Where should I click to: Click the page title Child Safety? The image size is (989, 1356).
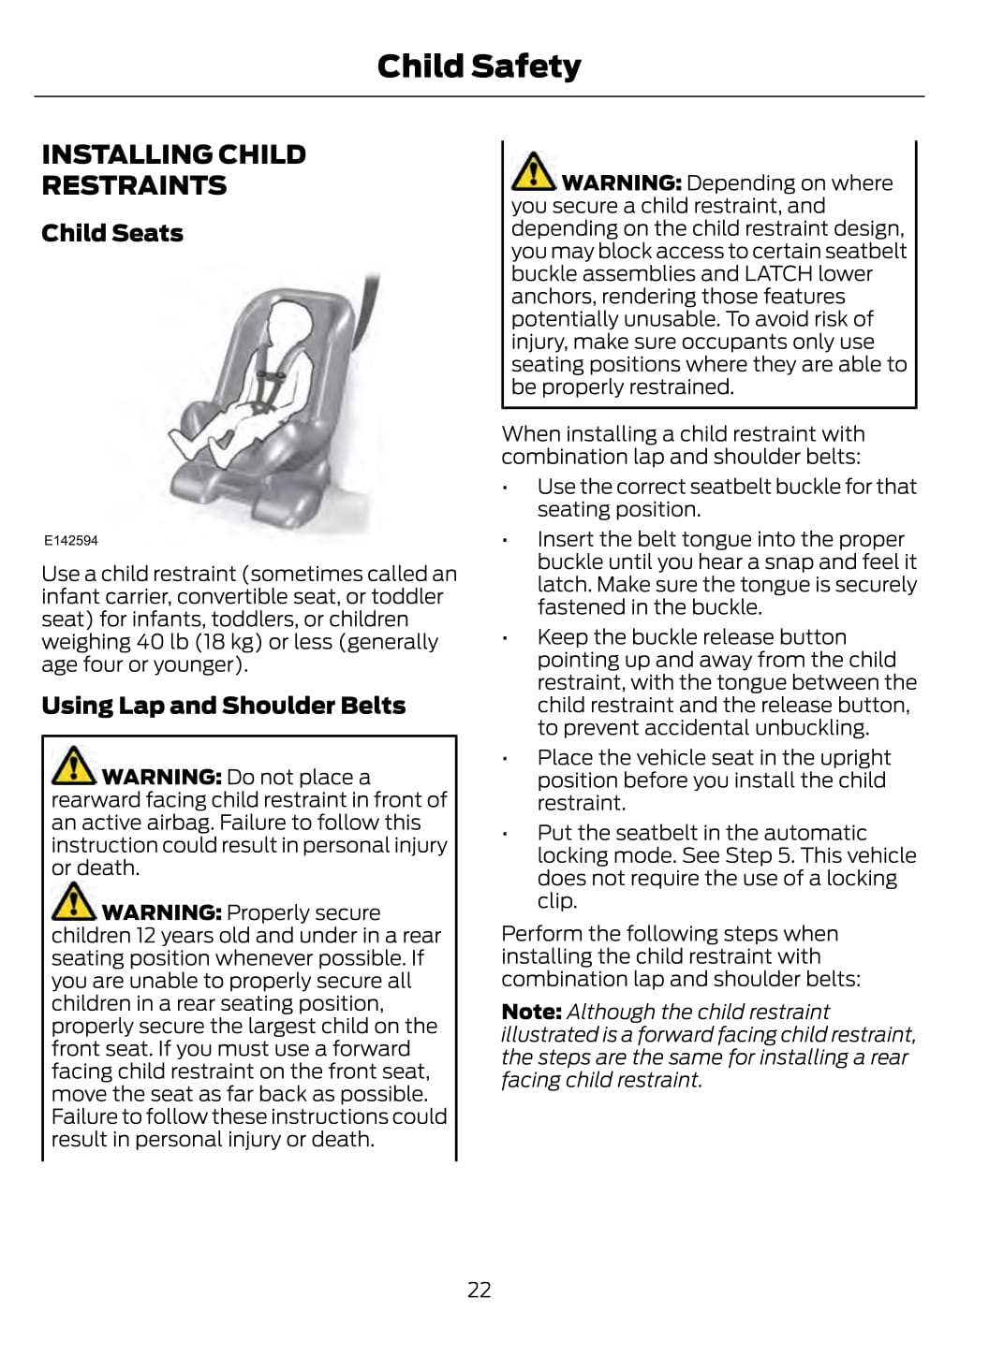(479, 66)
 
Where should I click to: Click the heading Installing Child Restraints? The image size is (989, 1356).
(173, 169)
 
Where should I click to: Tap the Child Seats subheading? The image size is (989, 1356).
(112, 233)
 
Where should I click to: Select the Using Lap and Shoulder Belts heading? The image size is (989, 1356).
(223, 706)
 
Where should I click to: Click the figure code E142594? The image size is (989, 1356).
(70, 540)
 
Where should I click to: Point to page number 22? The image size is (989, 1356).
(479, 1290)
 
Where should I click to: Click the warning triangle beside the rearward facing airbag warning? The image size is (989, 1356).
(73, 765)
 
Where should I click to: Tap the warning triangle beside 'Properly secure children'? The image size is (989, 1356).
(73, 901)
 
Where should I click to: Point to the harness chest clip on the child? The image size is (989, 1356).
(272, 375)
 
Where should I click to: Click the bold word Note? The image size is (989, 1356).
(531, 1012)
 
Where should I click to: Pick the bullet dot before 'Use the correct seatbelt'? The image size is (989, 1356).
(505, 488)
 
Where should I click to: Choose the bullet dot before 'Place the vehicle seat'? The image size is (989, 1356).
(505, 759)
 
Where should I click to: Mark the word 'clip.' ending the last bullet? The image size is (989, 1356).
(557, 901)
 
